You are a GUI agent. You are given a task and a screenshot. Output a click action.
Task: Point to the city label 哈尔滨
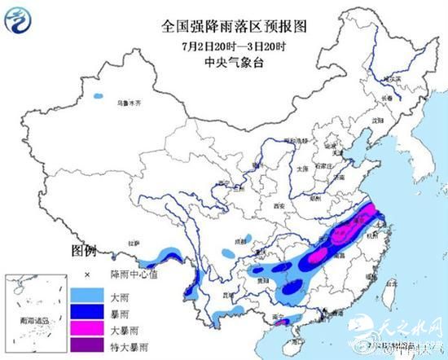tap(394, 79)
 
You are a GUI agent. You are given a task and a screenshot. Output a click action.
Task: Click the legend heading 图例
tap(84, 248)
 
